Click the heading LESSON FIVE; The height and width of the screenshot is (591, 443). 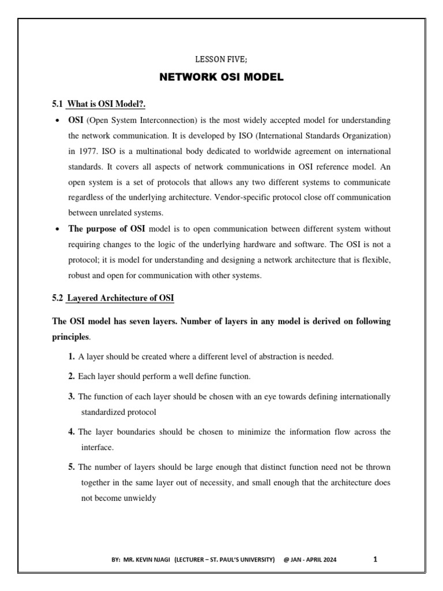[x=221, y=60]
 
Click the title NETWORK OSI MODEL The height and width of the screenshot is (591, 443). [x=221, y=77]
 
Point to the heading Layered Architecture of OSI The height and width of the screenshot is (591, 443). [x=120, y=298]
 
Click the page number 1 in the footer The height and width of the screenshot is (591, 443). [x=376, y=559]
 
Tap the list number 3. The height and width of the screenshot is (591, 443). [x=72, y=397]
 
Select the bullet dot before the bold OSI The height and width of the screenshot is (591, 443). [x=57, y=121]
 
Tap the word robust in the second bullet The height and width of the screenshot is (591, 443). [x=80, y=275]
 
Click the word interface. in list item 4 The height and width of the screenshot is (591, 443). [x=97, y=447]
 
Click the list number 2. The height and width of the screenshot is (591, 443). [x=72, y=376]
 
